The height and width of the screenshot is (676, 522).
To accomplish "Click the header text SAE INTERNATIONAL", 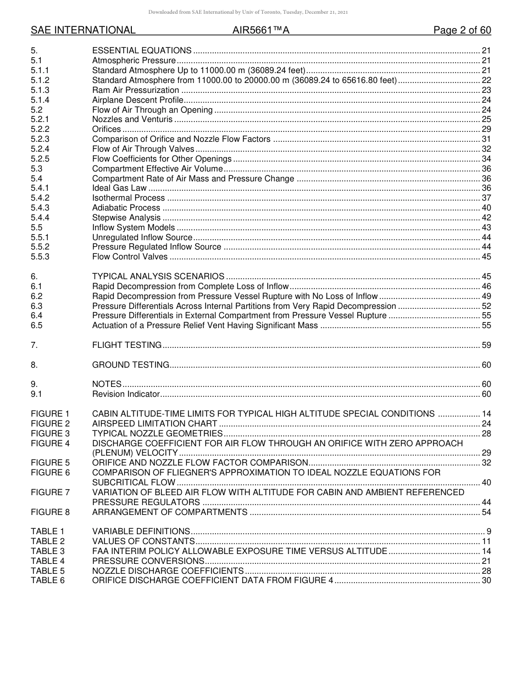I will (x=83, y=30).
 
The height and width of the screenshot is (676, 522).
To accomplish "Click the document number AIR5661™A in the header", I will (x=257, y=30).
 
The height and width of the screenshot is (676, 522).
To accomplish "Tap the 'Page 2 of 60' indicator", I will (x=462, y=30).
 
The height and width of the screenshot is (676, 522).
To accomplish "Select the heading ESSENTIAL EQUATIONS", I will (x=142, y=51).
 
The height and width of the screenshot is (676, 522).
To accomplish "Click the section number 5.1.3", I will (x=40, y=90).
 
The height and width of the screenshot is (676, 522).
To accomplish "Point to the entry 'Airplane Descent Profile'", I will (x=137, y=100).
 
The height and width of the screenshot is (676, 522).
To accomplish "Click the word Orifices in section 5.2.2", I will (x=107, y=129).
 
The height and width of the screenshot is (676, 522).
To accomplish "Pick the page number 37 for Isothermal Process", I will (x=486, y=198).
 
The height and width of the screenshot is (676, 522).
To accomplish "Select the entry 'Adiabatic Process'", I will (x=126, y=208).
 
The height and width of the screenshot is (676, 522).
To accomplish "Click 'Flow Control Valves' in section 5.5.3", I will (x=130, y=257).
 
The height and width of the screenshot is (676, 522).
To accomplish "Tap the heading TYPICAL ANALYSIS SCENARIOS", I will (x=158, y=276).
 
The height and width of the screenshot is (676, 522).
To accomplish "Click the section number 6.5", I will (x=37, y=325).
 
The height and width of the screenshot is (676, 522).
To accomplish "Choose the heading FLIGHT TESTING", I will (x=127, y=345).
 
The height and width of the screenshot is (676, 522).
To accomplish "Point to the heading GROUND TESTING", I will (x=131, y=365).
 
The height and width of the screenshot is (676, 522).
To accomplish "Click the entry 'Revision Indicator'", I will (x=126, y=394).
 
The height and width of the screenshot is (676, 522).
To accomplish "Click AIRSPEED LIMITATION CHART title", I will (x=154, y=424).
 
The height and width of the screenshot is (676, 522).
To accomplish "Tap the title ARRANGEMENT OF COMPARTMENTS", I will (x=170, y=512).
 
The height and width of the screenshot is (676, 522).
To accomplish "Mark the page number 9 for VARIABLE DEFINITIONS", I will (x=488, y=531).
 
